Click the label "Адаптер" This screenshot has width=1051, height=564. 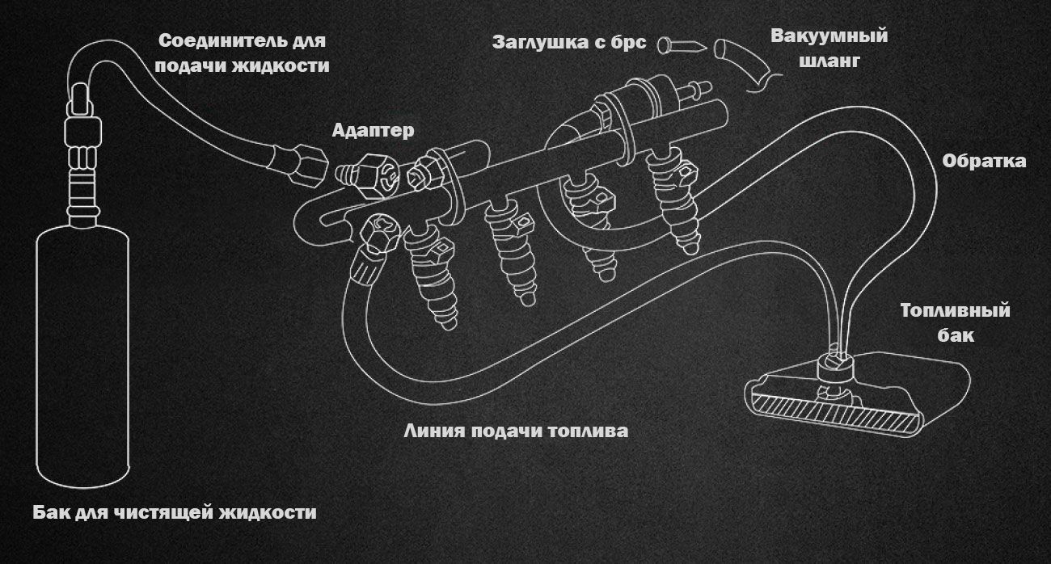[373, 130]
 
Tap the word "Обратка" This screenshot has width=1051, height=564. [984, 162]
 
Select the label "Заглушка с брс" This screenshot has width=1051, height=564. [569, 43]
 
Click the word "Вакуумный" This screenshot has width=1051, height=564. [829, 37]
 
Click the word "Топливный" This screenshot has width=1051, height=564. [956, 311]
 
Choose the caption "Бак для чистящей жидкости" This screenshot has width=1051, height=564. [175, 512]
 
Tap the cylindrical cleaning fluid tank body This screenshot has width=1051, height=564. [84, 356]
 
